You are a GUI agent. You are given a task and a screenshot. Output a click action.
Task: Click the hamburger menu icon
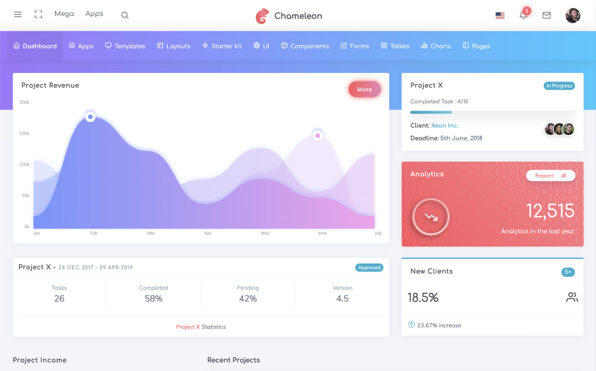pyautogui.click(x=18, y=15)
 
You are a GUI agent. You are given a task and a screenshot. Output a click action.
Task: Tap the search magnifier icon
pyautogui.click(x=125, y=15)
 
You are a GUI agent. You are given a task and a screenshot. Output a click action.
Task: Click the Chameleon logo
pyautogui.click(x=289, y=16)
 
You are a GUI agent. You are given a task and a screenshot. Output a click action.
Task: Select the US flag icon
pyautogui.click(x=500, y=15)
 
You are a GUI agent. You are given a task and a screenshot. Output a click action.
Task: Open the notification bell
pyautogui.click(x=523, y=15)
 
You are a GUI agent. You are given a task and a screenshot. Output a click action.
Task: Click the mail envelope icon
pyautogui.click(x=546, y=15)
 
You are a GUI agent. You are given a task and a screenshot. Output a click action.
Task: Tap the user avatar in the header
pyautogui.click(x=573, y=15)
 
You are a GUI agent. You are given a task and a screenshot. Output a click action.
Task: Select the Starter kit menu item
pyautogui.click(x=222, y=46)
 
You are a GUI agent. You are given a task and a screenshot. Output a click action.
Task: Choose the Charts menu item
pyautogui.click(x=436, y=46)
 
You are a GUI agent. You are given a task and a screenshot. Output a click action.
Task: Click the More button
pyautogui.click(x=364, y=89)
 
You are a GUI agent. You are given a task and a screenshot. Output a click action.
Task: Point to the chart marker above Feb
pyautogui.click(x=90, y=117)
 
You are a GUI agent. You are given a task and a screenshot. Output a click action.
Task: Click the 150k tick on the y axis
pyautogui.click(x=25, y=134)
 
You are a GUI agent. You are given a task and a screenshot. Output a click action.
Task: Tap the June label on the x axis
pyautogui.click(x=322, y=234)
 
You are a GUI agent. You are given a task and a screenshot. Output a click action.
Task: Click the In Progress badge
pyautogui.click(x=559, y=86)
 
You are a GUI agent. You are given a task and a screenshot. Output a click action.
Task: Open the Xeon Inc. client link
pyautogui.click(x=444, y=126)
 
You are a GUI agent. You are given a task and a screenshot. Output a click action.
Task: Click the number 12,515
pyautogui.click(x=550, y=211)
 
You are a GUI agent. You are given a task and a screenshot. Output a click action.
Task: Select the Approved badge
pyautogui.click(x=369, y=268)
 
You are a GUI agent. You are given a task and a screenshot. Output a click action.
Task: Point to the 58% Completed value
pyautogui.click(x=154, y=299)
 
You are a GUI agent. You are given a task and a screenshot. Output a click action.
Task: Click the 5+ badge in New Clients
pyautogui.click(x=568, y=272)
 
